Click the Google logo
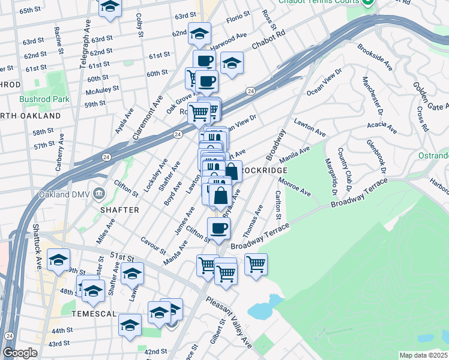pos(20,353)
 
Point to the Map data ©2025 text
pos(424,355)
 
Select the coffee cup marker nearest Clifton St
pos(218,228)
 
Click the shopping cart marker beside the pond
pos(256,264)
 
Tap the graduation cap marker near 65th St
pos(110,8)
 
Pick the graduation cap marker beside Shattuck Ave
pos(58,259)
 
